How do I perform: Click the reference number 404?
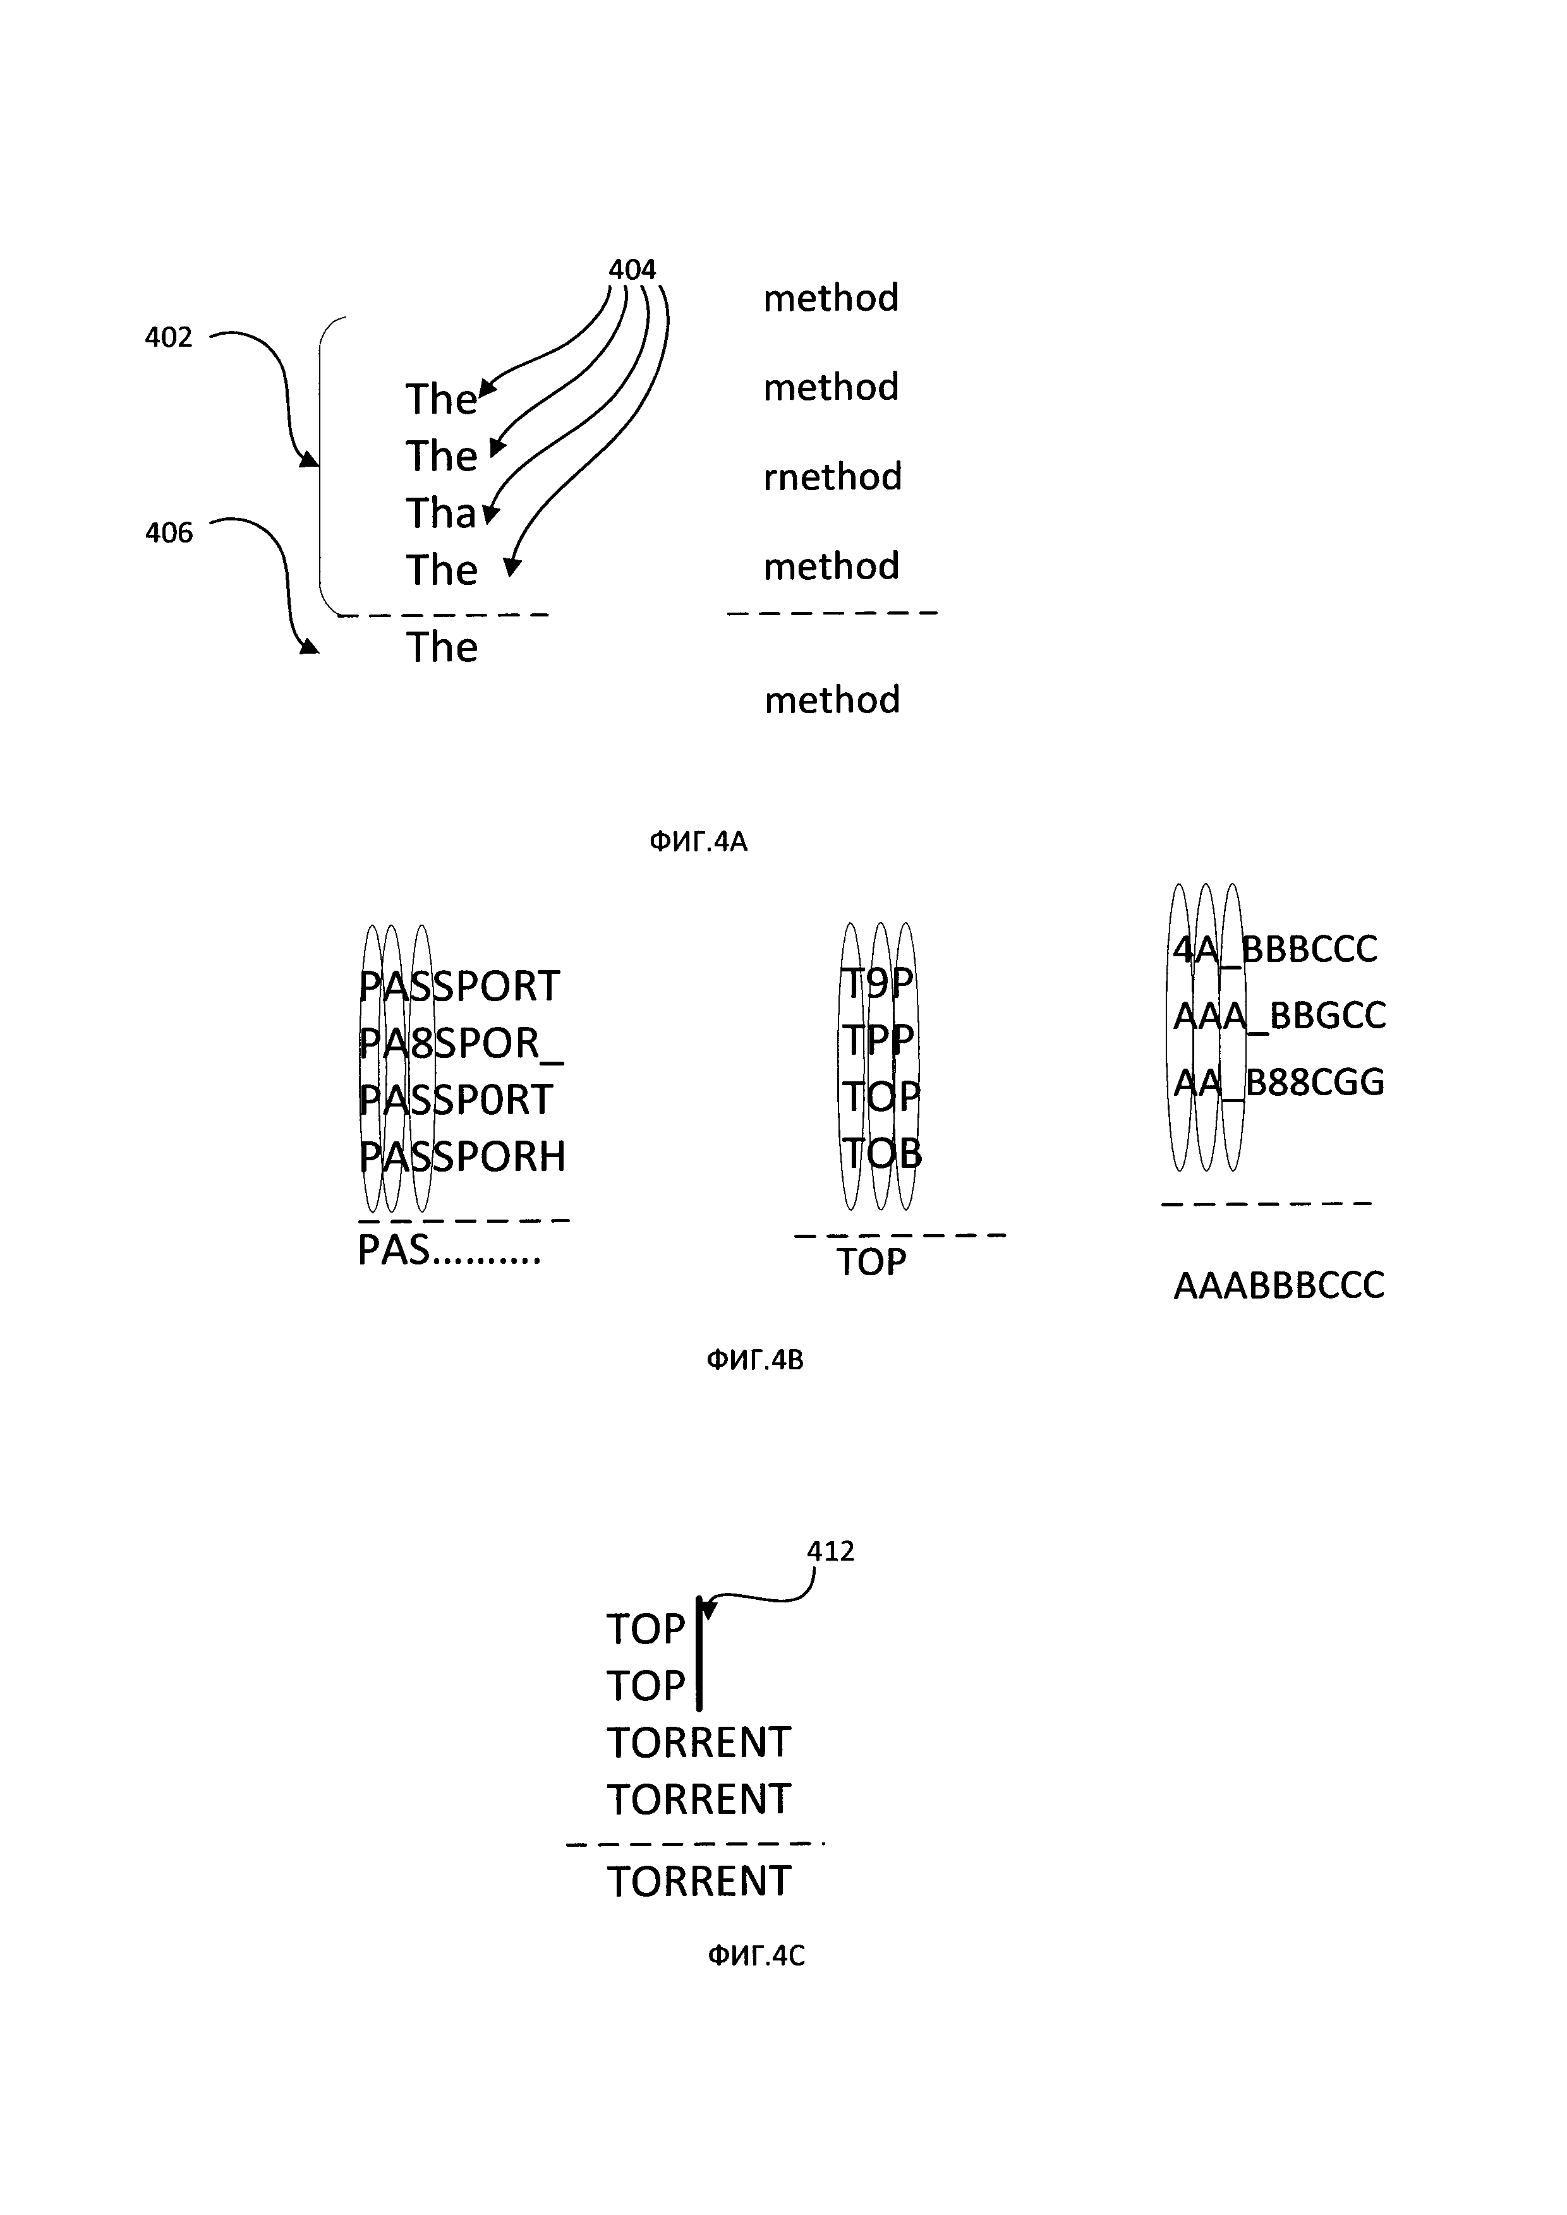(632, 269)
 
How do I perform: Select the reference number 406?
(169, 532)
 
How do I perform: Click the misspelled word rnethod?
(833, 477)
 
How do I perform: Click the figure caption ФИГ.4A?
(698, 842)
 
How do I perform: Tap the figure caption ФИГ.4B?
(754, 1360)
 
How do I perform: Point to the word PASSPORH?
(462, 1156)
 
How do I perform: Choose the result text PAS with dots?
(449, 1251)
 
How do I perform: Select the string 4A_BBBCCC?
(1274, 949)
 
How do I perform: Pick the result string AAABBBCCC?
(1278, 1285)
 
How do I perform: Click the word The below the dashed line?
(441, 647)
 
